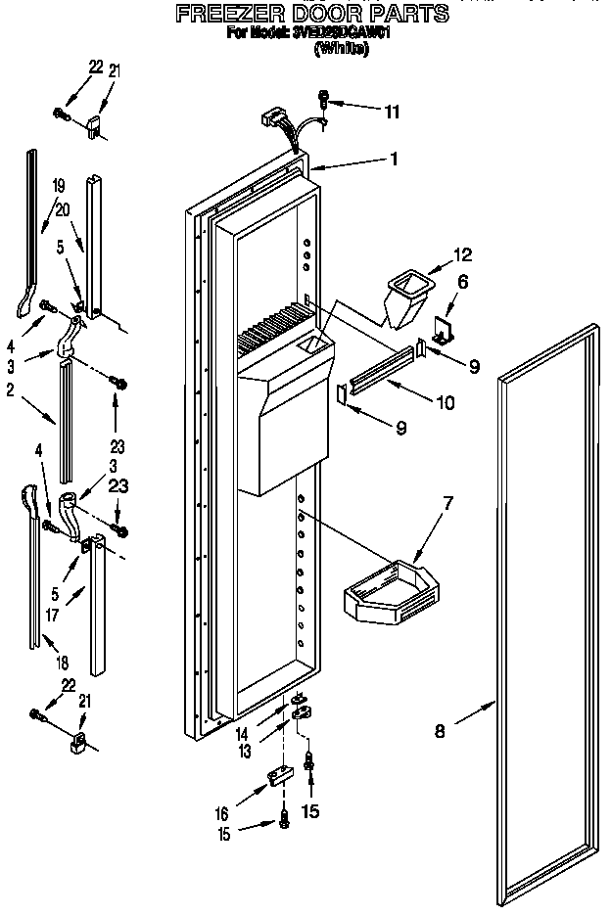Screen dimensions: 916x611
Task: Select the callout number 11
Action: click(391, 112)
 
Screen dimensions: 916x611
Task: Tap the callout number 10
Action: click(444, 401)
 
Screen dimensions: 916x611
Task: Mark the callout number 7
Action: click(447, 503)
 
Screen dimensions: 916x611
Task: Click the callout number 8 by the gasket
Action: click(440, 728)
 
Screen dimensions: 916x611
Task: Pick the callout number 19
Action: click(58, 185)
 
